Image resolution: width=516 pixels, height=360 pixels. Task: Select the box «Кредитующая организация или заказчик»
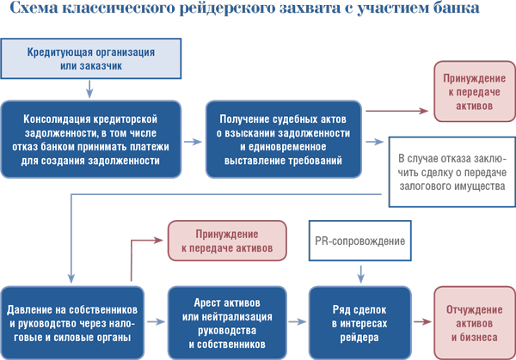[x=91, y=58]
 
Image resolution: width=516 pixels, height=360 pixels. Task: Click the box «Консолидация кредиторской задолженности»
[x=91, y=139]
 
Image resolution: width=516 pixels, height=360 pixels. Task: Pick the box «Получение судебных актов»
[x=284, y=139]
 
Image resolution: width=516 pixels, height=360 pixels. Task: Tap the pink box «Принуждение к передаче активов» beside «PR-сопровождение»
[x=227, y=241]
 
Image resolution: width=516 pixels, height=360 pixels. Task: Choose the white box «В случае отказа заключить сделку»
[x=452, y=172]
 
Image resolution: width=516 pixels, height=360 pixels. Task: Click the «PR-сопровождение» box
[x=360, y=241]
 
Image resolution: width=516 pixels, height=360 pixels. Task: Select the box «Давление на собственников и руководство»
[x=72, y=323]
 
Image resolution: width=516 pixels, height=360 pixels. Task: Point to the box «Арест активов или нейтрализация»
[x=227, y=323]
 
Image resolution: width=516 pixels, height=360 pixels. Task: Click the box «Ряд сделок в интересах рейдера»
[x=360, y=323]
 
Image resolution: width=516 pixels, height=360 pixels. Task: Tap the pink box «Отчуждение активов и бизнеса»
[x=475, y=323]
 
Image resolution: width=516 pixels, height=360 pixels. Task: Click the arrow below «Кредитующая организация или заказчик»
[x=89, y=88]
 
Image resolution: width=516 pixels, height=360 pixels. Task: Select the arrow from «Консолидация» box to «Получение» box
[x=193, y=142]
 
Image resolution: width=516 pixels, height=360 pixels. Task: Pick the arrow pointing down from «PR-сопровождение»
[x=361, y=274]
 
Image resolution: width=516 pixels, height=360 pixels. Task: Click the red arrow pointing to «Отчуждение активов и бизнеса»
[x=422, y=322]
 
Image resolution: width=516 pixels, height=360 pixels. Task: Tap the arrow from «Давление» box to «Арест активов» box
[x=157, y=322]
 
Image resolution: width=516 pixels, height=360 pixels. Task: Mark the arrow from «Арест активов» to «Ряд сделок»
[x=298, y=322]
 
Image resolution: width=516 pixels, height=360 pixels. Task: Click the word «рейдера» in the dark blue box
[x=359, y=338]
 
